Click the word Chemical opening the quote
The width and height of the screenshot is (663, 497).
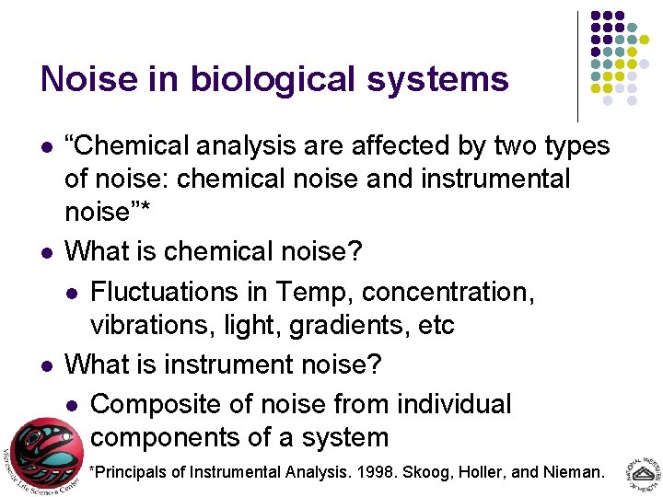tap(134, 145)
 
